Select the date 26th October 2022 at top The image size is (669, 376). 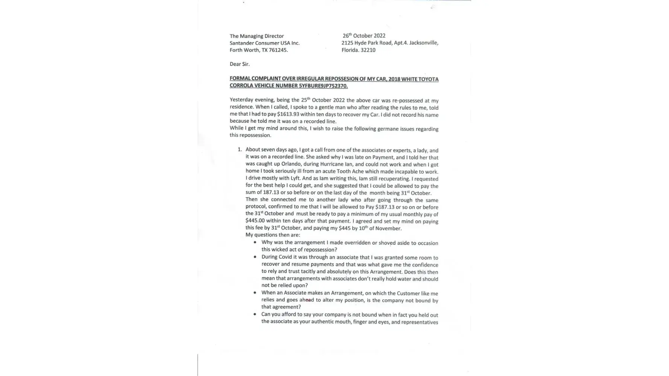click(364, 36)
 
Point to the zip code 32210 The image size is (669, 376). click(368, 50)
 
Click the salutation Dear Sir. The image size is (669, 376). click(240, 64)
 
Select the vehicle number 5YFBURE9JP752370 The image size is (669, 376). click(323, 86)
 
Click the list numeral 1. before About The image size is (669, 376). click(240, 150)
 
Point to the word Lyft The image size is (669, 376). click(295, 179)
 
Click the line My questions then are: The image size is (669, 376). click(273, 235)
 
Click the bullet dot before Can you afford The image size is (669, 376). click(255, 314)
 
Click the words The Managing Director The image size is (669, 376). click(257, 36)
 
